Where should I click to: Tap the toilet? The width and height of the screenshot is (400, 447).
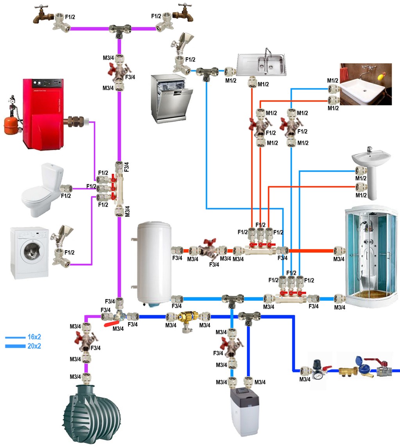(x=41, y=191)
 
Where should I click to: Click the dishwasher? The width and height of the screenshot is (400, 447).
(x=172, y=100)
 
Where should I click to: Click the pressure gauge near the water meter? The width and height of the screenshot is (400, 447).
(x=318, y=368)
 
